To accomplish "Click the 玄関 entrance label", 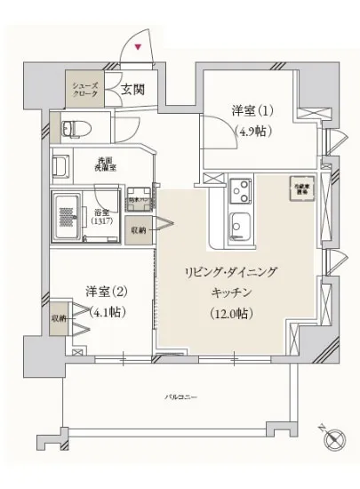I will tap(133, 88).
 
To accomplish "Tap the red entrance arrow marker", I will tap(138, 47).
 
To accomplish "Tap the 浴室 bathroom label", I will tap(100, 213).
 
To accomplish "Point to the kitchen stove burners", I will tap(240, 189).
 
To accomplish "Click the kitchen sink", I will tap(241, 220).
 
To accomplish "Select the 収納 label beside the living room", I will tap(140, 229).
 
